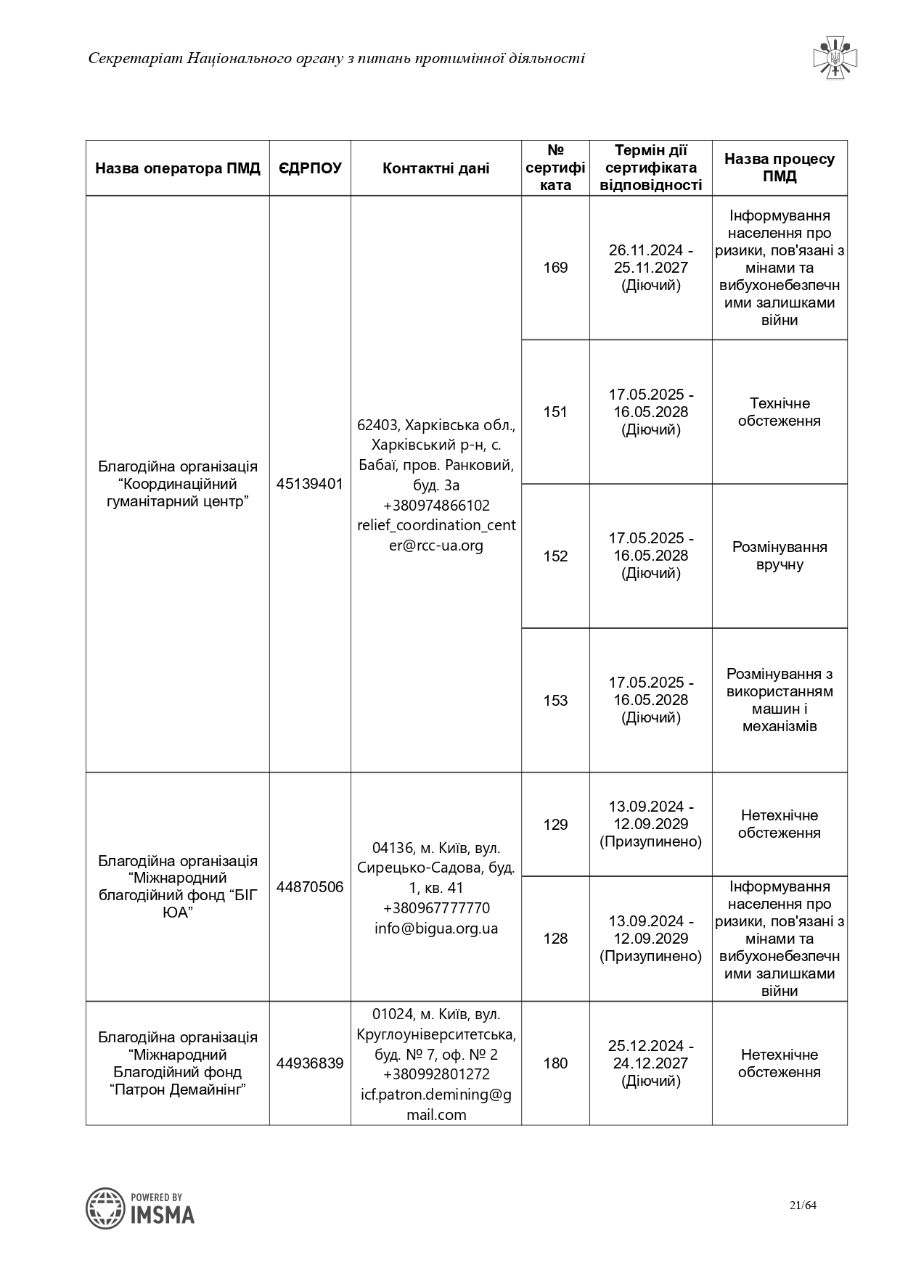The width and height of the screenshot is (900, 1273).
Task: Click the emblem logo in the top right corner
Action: point(835,57)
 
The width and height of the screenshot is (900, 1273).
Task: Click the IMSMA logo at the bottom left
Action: point(140,1208)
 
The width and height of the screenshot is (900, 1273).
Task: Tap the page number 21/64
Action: point(803,1206)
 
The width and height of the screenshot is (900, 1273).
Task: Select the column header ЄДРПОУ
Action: point(310,168)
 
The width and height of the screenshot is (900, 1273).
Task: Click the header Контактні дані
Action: point(435,168)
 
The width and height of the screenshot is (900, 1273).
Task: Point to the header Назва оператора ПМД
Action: point(178,168)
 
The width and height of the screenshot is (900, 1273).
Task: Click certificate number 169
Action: point(555,268)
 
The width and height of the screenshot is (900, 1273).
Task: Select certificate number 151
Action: point(555,412)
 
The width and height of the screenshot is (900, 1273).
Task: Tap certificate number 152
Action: point(555,556)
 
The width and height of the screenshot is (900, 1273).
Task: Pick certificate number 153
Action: point(555,701)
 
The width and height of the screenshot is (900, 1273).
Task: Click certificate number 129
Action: point(555,825)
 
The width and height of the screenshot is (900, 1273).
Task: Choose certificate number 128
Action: point(555,939)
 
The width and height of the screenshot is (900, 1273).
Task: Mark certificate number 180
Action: point(555,1063)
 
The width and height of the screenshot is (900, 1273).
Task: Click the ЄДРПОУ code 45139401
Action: point(310,484)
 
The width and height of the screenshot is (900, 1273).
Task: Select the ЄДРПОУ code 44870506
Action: point(310,887)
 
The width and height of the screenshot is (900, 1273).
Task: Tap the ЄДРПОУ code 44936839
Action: point(310,1063)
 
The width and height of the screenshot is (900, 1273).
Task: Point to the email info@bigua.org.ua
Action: point(436,928)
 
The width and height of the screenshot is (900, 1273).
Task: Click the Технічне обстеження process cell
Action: point(780,412)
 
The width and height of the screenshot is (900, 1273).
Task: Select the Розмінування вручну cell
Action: point(780,556)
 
